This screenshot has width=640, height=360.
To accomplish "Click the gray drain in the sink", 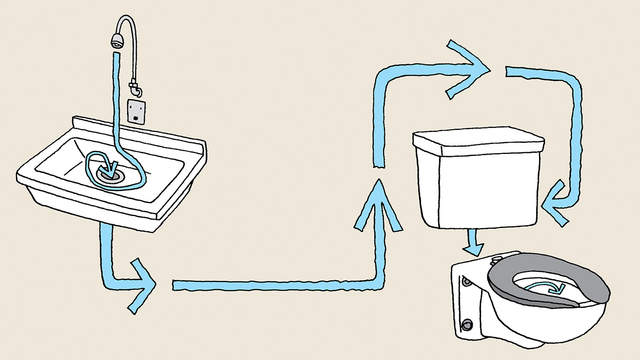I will (111, 175).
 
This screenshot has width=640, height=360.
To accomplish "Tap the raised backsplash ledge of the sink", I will (137, 130).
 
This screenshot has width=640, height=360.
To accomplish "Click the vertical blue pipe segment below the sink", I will (106, 251).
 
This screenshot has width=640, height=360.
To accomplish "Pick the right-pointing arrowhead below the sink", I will (143, 286).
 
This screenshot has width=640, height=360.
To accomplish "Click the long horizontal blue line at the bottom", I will (274, 285).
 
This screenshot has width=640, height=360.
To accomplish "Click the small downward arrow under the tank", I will (473, 244).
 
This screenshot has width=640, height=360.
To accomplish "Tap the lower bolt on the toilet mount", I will (466, 325).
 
